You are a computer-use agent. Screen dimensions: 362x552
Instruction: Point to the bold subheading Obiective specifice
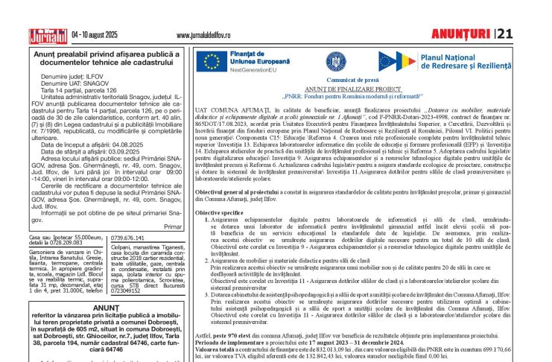tap(224, 213)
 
